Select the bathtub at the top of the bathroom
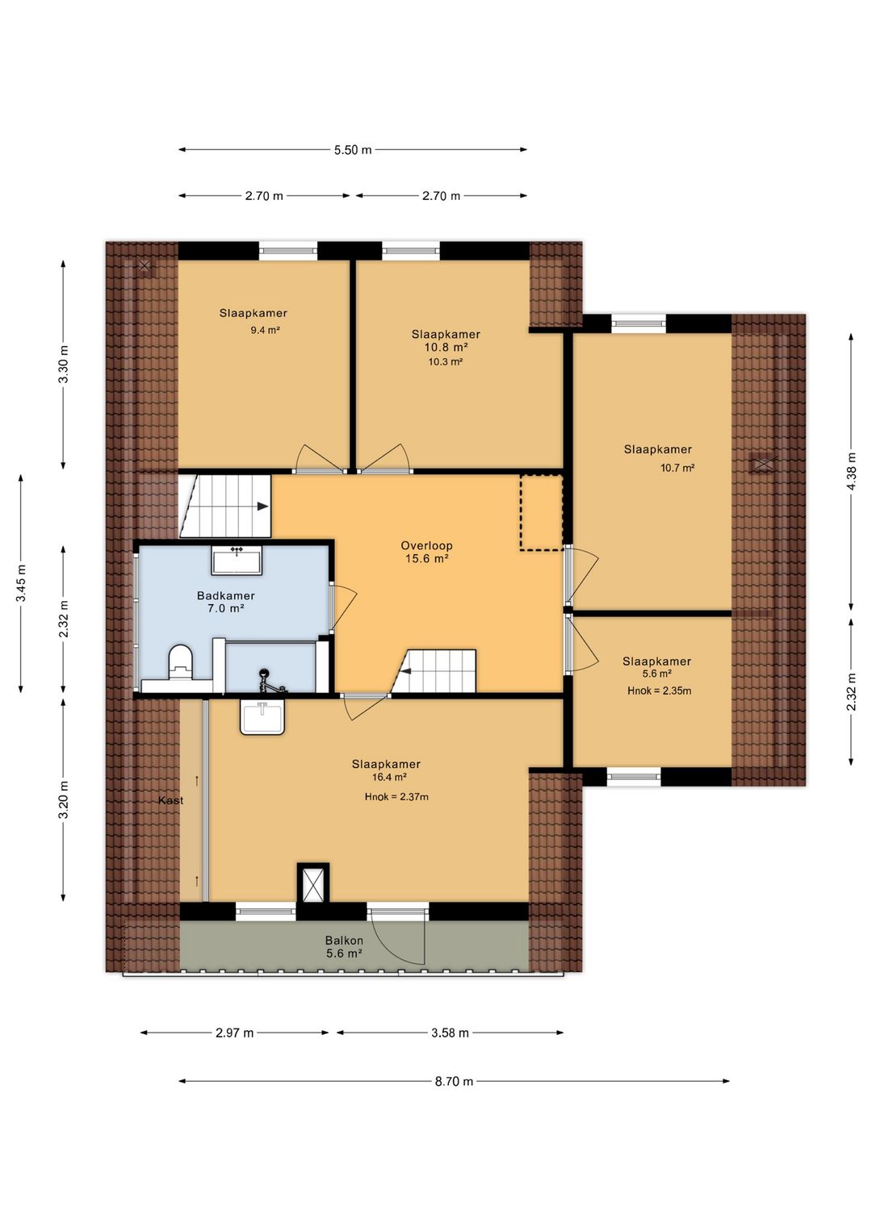[237, 560]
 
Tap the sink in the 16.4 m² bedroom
[262, 716]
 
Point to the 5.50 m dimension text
[353, 149]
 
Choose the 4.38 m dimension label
[852, 472]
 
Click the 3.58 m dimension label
[450, 1033]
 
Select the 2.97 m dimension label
[234, 1033]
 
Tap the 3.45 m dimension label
[21, 583]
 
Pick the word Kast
[170, 800]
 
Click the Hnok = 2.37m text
[396, 796]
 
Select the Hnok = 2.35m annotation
[659, 691]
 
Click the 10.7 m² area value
[677, 468]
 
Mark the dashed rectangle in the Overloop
[542, 512]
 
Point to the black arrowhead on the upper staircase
[262, 506]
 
